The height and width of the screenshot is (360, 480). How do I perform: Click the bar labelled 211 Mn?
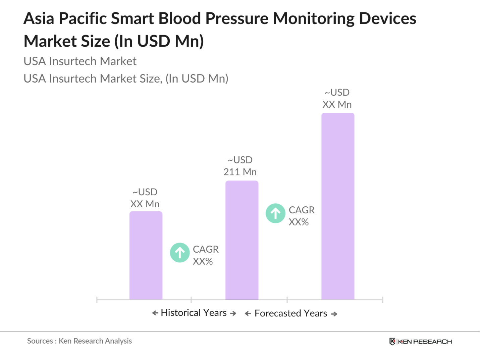coord(242,240)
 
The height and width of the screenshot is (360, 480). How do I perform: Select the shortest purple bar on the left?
coord(146,255)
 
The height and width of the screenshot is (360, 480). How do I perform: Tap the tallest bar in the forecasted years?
coord(337,206)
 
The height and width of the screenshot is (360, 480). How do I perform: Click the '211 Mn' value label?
coord(240,172)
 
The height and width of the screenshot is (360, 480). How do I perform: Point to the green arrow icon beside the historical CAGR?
coord(180,252)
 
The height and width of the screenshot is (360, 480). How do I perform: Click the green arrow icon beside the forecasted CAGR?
coord(275,213)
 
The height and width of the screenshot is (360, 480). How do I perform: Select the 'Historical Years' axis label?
coord(194,313)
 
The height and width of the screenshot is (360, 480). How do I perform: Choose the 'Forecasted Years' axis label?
coord(290,313)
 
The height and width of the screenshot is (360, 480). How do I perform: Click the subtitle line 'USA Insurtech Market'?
coord(80,61)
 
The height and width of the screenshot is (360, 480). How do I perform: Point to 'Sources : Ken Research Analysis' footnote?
coord(79,341)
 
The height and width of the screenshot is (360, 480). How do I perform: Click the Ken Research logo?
coord(420,342)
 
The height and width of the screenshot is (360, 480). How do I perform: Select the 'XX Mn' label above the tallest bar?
coord(337,104)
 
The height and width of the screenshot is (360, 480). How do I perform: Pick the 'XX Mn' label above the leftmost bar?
coord(145,204)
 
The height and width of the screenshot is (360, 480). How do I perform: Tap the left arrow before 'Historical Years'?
coord(155,313)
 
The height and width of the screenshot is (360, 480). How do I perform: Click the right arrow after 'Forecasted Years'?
coord(334,314)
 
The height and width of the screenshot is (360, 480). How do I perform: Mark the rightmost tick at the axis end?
coord(382,300)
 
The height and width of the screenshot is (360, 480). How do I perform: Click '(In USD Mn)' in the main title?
coord(159,41)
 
